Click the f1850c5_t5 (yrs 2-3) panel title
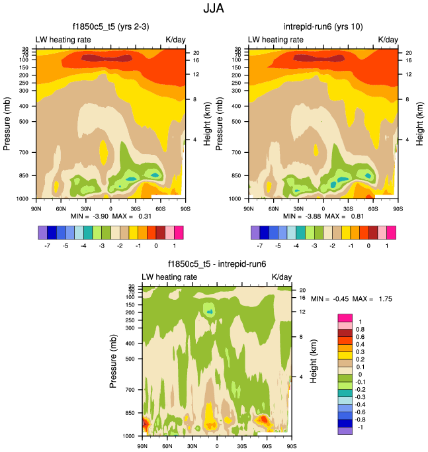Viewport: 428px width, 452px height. point(110,26)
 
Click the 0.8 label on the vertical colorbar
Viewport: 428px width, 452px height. point(359,329)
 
